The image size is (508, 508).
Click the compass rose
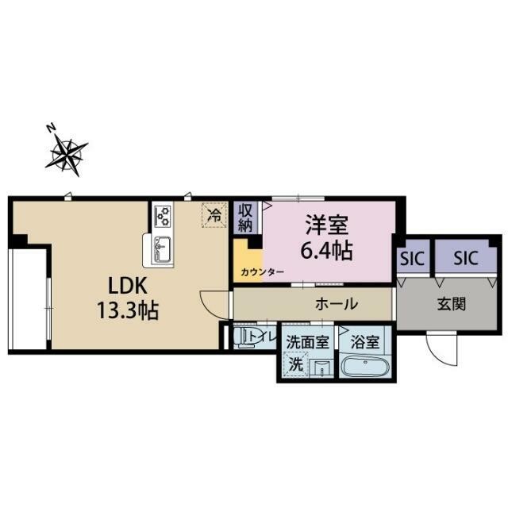[67, 155]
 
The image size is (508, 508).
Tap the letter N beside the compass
[51, 129]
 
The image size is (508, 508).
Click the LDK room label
[128, 286]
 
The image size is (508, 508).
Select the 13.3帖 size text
[128, 310]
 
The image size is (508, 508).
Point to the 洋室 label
[326, 225]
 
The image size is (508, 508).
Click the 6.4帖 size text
[326, 251]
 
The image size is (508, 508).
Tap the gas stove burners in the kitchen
[162, 216]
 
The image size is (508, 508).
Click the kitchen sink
[163, 248]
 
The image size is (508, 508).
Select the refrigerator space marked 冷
[214, 215]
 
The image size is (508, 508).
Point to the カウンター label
[262, 272]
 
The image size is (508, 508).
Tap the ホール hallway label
[337, 304]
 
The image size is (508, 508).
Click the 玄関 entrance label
[452, 304]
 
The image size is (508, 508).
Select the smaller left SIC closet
[413, 256]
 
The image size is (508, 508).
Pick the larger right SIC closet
[466, 256]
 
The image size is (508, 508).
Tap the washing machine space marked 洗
[295, 364]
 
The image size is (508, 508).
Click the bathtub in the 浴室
[365, 367]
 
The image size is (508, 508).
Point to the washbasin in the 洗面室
[321, 368]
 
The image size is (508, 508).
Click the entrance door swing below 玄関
[441, 348]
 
